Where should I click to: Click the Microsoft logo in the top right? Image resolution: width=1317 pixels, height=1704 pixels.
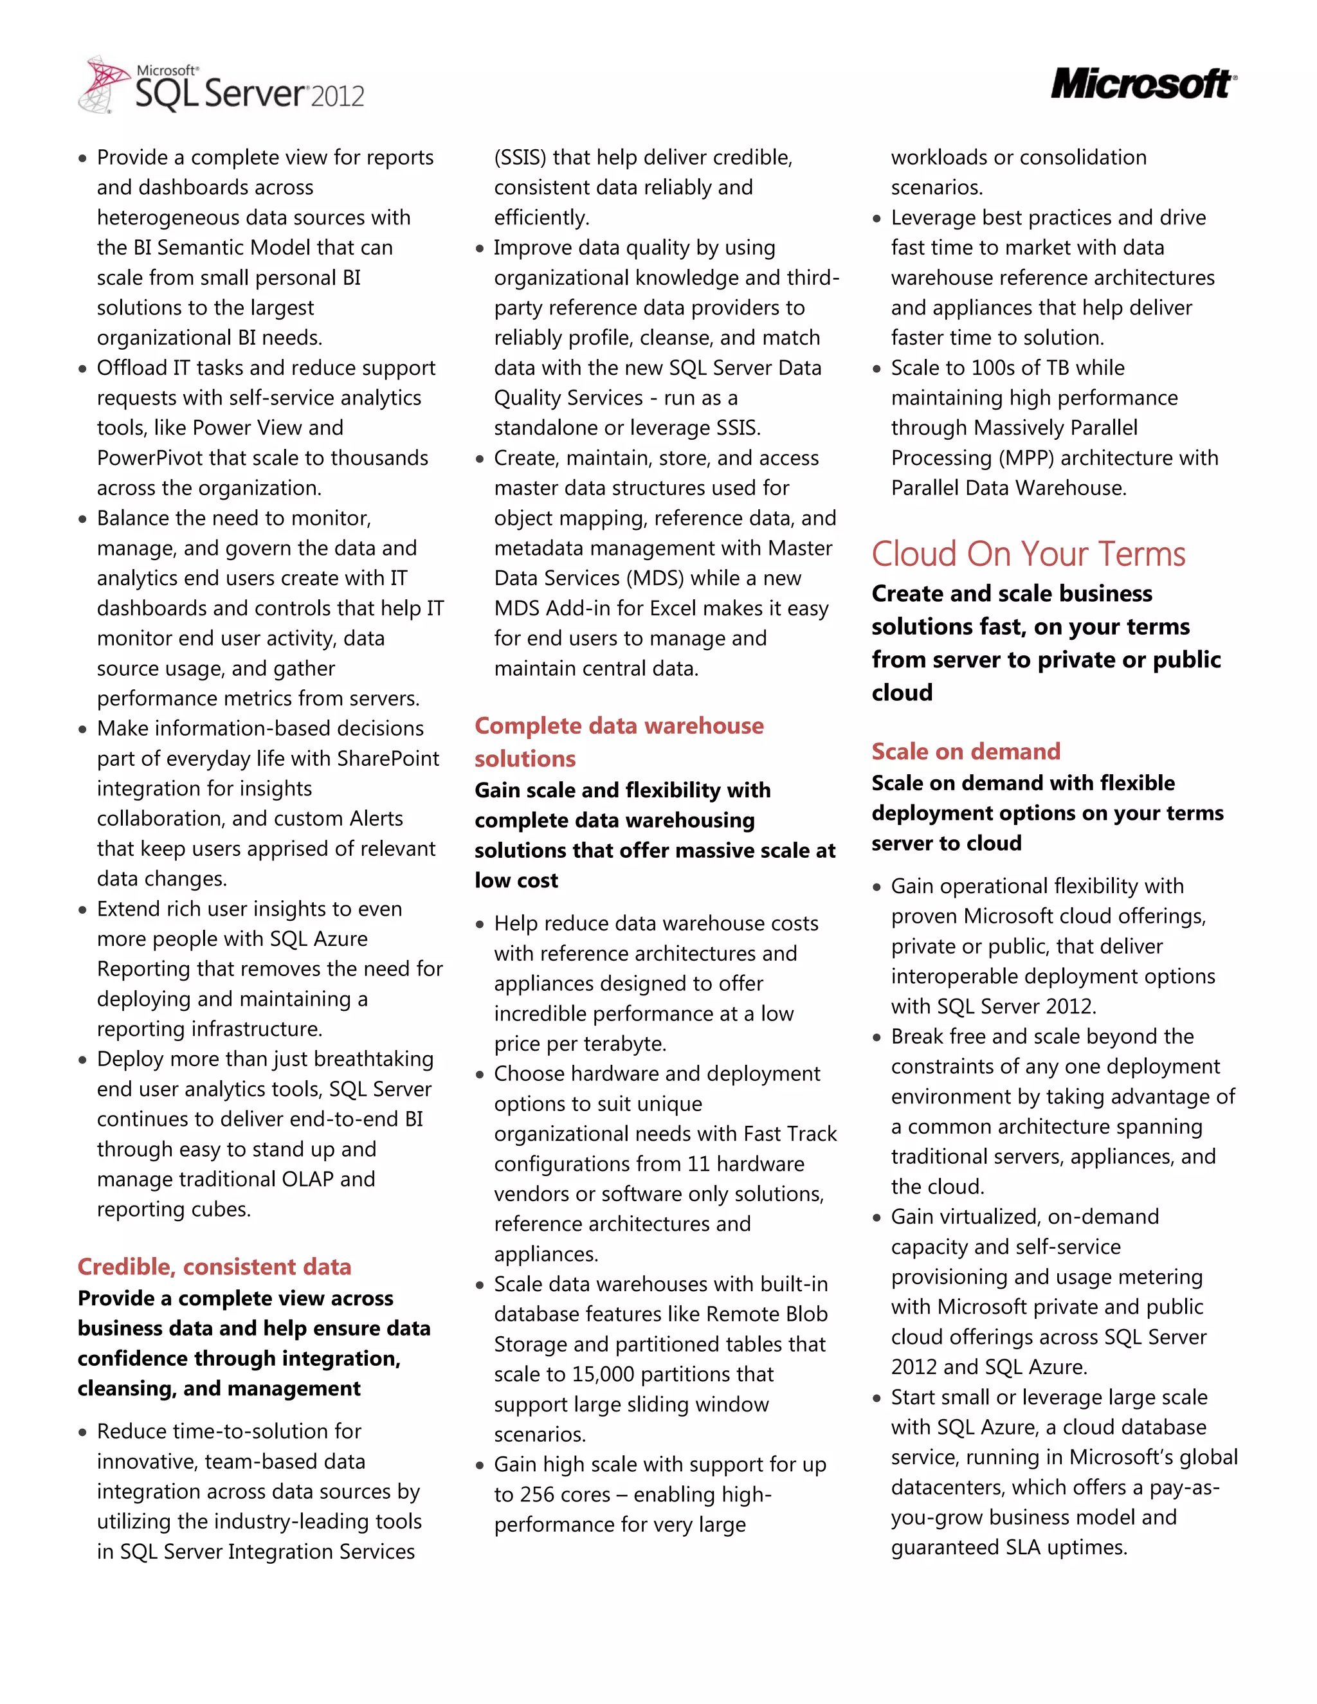(1143, 84)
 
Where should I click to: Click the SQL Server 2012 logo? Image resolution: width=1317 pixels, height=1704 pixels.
(223, 86)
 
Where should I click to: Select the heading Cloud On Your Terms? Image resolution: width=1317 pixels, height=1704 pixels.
(1028, 554)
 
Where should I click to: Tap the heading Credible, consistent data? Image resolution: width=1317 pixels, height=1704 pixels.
(215, 1266)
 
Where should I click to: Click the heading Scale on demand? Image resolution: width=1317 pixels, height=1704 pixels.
(966, 751)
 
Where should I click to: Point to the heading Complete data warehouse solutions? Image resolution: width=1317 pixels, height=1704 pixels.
(619, 741)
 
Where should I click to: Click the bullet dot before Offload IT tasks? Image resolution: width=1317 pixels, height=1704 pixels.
(83, 368)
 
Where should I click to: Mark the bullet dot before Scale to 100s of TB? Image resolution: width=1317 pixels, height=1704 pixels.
(877, 368)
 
